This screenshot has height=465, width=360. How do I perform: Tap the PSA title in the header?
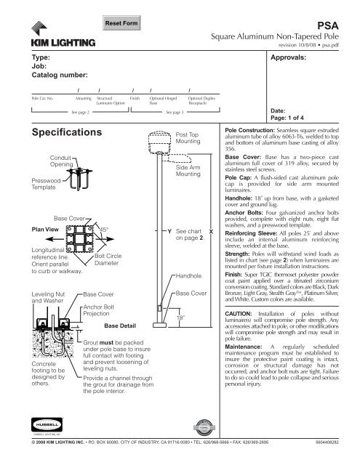340,23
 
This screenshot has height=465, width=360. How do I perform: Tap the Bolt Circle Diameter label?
107,260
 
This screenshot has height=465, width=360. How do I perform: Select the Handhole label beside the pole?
188,276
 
